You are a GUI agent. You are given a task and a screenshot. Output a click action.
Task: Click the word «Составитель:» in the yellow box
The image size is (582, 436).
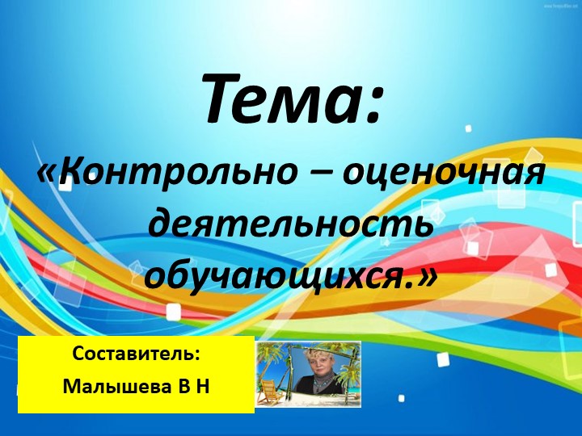[x=136, y=354]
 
